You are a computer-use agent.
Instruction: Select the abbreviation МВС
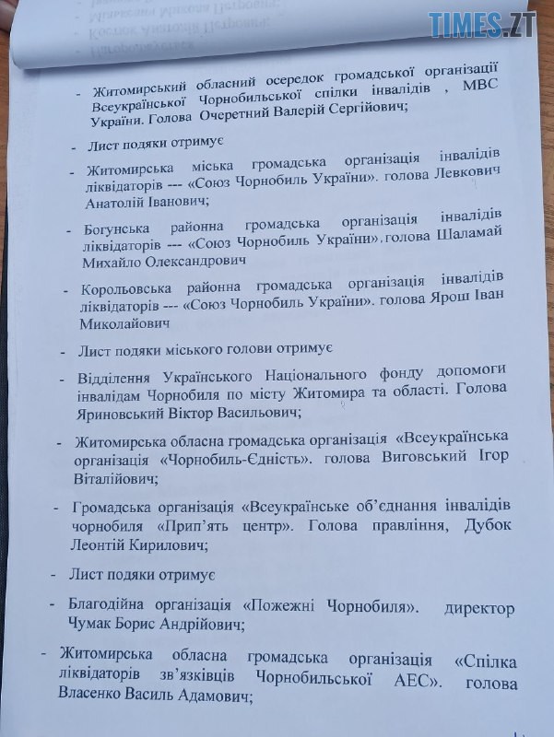[478, 89]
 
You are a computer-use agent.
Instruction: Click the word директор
[475, 609]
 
